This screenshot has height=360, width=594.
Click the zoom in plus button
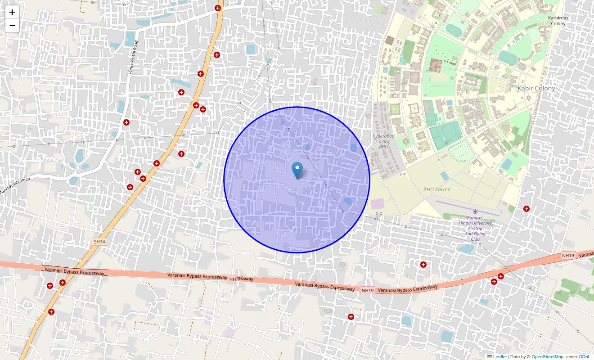12,12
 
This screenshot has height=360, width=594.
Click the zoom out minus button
12,26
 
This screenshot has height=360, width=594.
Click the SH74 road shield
99,242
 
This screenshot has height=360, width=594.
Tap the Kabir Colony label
536,89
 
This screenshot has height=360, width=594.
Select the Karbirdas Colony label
558,21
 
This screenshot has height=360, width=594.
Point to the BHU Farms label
436,189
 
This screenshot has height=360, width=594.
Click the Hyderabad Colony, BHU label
383,141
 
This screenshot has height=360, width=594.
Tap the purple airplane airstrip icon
475,211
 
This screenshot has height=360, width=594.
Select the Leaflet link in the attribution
499,356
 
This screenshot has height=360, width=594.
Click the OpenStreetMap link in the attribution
547,356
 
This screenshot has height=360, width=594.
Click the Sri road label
450,63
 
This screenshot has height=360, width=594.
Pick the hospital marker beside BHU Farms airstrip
526,208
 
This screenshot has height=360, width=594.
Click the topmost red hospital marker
218,8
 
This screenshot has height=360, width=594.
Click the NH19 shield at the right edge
568,256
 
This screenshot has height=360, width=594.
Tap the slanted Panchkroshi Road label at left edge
15,186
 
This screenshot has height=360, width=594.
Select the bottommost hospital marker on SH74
51,311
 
